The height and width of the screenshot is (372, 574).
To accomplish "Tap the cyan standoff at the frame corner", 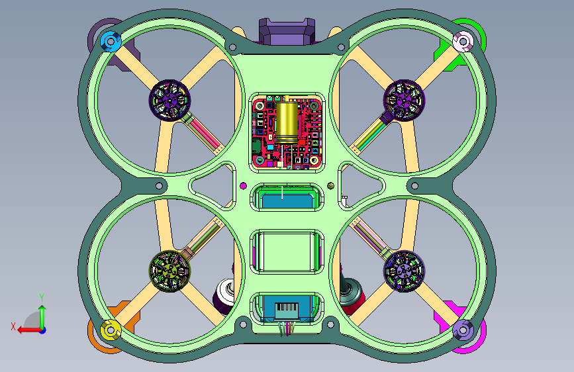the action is pyautogui.click(x=111, y=42).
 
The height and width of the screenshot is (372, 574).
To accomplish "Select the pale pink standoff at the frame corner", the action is pyautogui.click(x=463, y=42).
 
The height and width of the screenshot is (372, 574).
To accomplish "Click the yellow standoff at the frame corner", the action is pyautogui.click(x=111, y=330).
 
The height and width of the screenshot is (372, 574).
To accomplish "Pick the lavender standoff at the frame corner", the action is pyautogui.click(x=463, y=330).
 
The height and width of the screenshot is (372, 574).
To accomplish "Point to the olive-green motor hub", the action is pyautogui.click(x=169, y=271).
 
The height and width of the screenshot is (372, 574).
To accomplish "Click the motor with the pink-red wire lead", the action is pyautogui.click(x=169, y=100).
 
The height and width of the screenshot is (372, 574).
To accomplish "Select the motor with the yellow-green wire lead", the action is pyautogui.click(x=404, y=100).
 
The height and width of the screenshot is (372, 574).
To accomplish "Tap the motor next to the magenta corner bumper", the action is pyautogui.click(x=404, y=271).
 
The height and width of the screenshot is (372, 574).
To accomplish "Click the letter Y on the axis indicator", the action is pyautogui.click(x=42, y=297).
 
